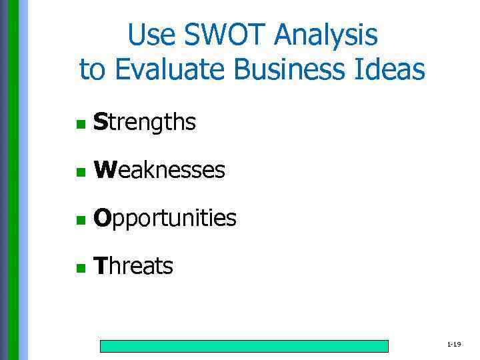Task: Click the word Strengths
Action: pyautogui.click(x=145, y=123)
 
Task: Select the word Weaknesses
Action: pyautogui.click(x=159, y=171)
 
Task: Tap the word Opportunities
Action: pyautogui.click(x=165, y=219)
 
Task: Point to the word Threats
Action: pyautogui.click(x=133, y=267)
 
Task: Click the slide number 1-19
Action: pyautogui.click(x=454, y=345)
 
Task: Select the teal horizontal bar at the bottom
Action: pyautogui.click(x=244, y=346)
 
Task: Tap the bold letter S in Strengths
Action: pyautogui.click(x=100, y=123)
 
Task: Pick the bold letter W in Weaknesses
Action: pyautogui.click(x=103, y=171)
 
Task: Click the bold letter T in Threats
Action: pyautogui.click(x=100, y=267)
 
